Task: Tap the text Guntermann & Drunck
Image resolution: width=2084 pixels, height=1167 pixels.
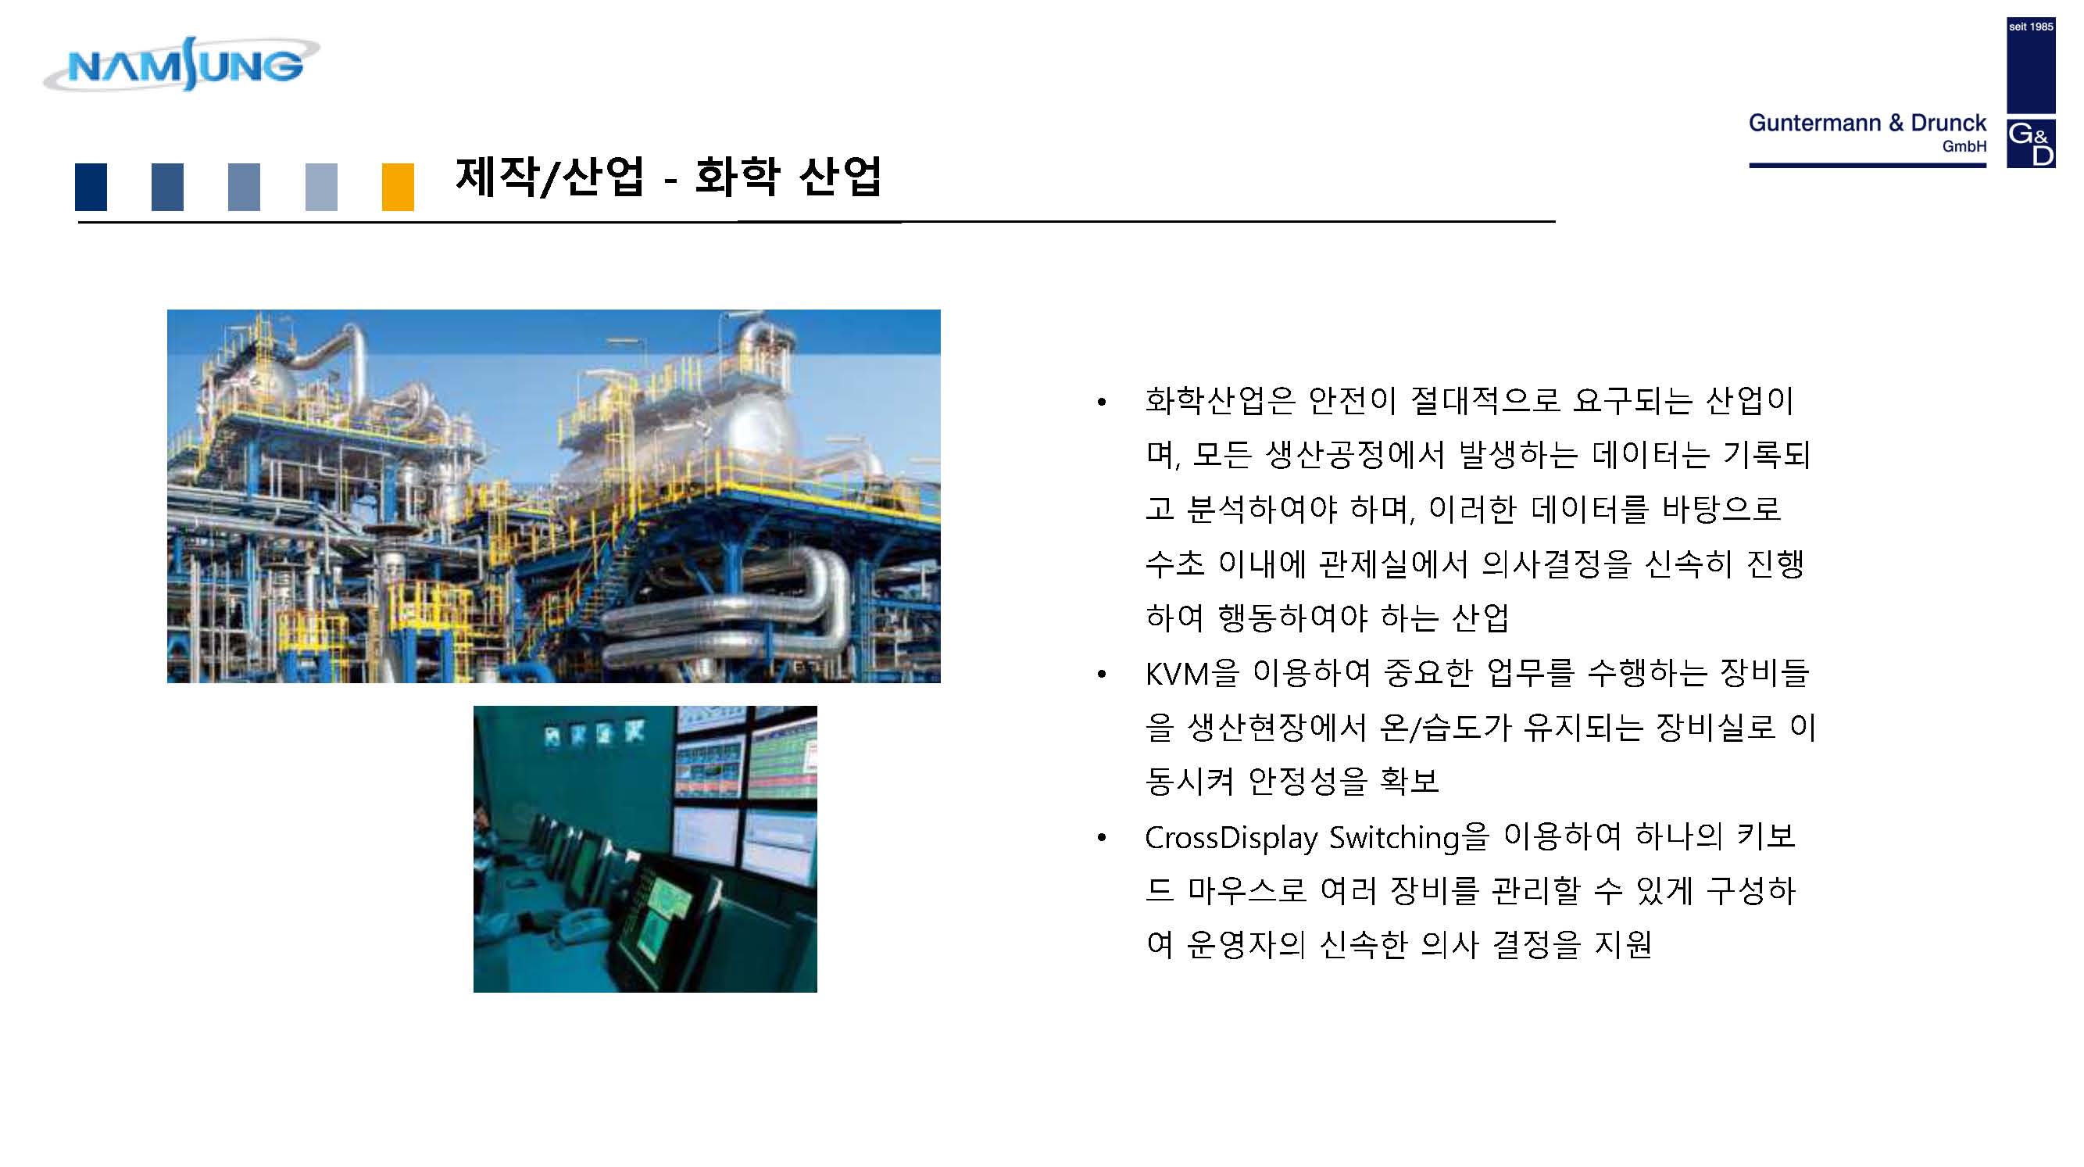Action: pyautogui.click(x=1868, y=123)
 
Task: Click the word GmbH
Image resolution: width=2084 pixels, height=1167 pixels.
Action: pyautogui.click(x=1964, y=146)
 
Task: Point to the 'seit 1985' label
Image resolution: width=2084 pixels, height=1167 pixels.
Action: pyautogui.click(x=2031, y=27)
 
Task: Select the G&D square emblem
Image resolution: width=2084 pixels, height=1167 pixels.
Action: pyautogui.click(x=2031, y=143)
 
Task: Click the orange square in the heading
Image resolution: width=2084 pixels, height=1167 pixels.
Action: pyautogui.click(x=398, y=187)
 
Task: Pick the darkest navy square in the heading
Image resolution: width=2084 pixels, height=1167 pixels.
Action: pyautogui.click(x=91, y=187)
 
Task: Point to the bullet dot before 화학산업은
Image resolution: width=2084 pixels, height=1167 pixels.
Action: pyautogui.click(x=1101, y=403)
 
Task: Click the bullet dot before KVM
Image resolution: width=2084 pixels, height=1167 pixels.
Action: pyautogui.click(x=1101, y=674)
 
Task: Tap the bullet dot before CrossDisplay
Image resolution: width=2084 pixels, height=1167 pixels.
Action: pyautogui.click(x=1101, y=839)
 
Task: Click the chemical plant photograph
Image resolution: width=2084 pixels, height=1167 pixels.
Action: pyautogui.click(x=553, y=496)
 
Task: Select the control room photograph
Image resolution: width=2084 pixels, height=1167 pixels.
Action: pyautogui.click(x=645, y=849)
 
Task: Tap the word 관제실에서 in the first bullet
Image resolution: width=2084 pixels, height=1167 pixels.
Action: pyautogui.click(x=1393, y=564)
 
